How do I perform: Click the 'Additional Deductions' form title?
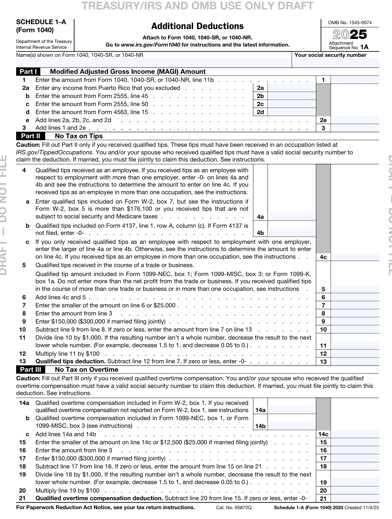pos(197,26)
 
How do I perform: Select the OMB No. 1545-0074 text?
pos(350,22)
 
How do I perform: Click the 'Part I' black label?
pos(28,72)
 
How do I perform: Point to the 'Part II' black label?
pos(30,136)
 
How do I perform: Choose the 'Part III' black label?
pos(31,370)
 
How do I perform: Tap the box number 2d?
pos(260,112)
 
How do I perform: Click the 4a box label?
pos(260,217)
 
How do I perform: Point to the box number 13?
pos(323,362)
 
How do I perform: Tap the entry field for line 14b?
pos(292,426)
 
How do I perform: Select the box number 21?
pos(323,498)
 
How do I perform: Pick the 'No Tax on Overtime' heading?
pos(86,370)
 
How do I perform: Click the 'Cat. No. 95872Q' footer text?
pos(234,508)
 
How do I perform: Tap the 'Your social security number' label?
pos(331,55)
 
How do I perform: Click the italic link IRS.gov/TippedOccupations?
pos(54,153)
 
